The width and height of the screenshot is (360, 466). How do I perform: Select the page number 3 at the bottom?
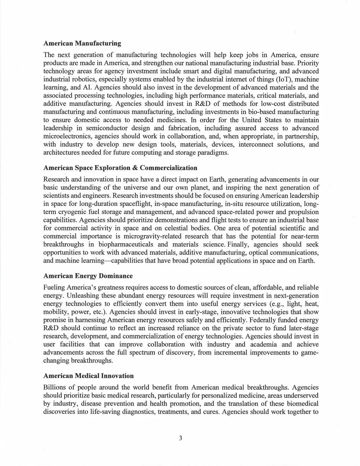click(180, 438)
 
